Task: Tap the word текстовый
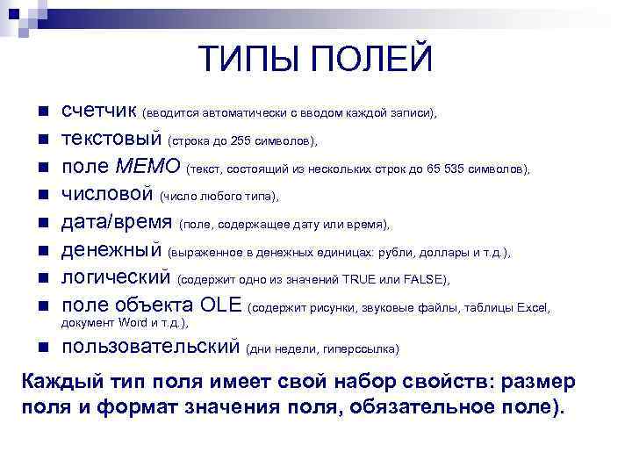[111, 140]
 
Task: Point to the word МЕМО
[147, 167]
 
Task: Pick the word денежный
[111, 251]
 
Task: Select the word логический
[115, 279]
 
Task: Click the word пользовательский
[150, 347]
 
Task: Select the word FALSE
[425, 281]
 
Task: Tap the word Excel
[532, 308]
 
